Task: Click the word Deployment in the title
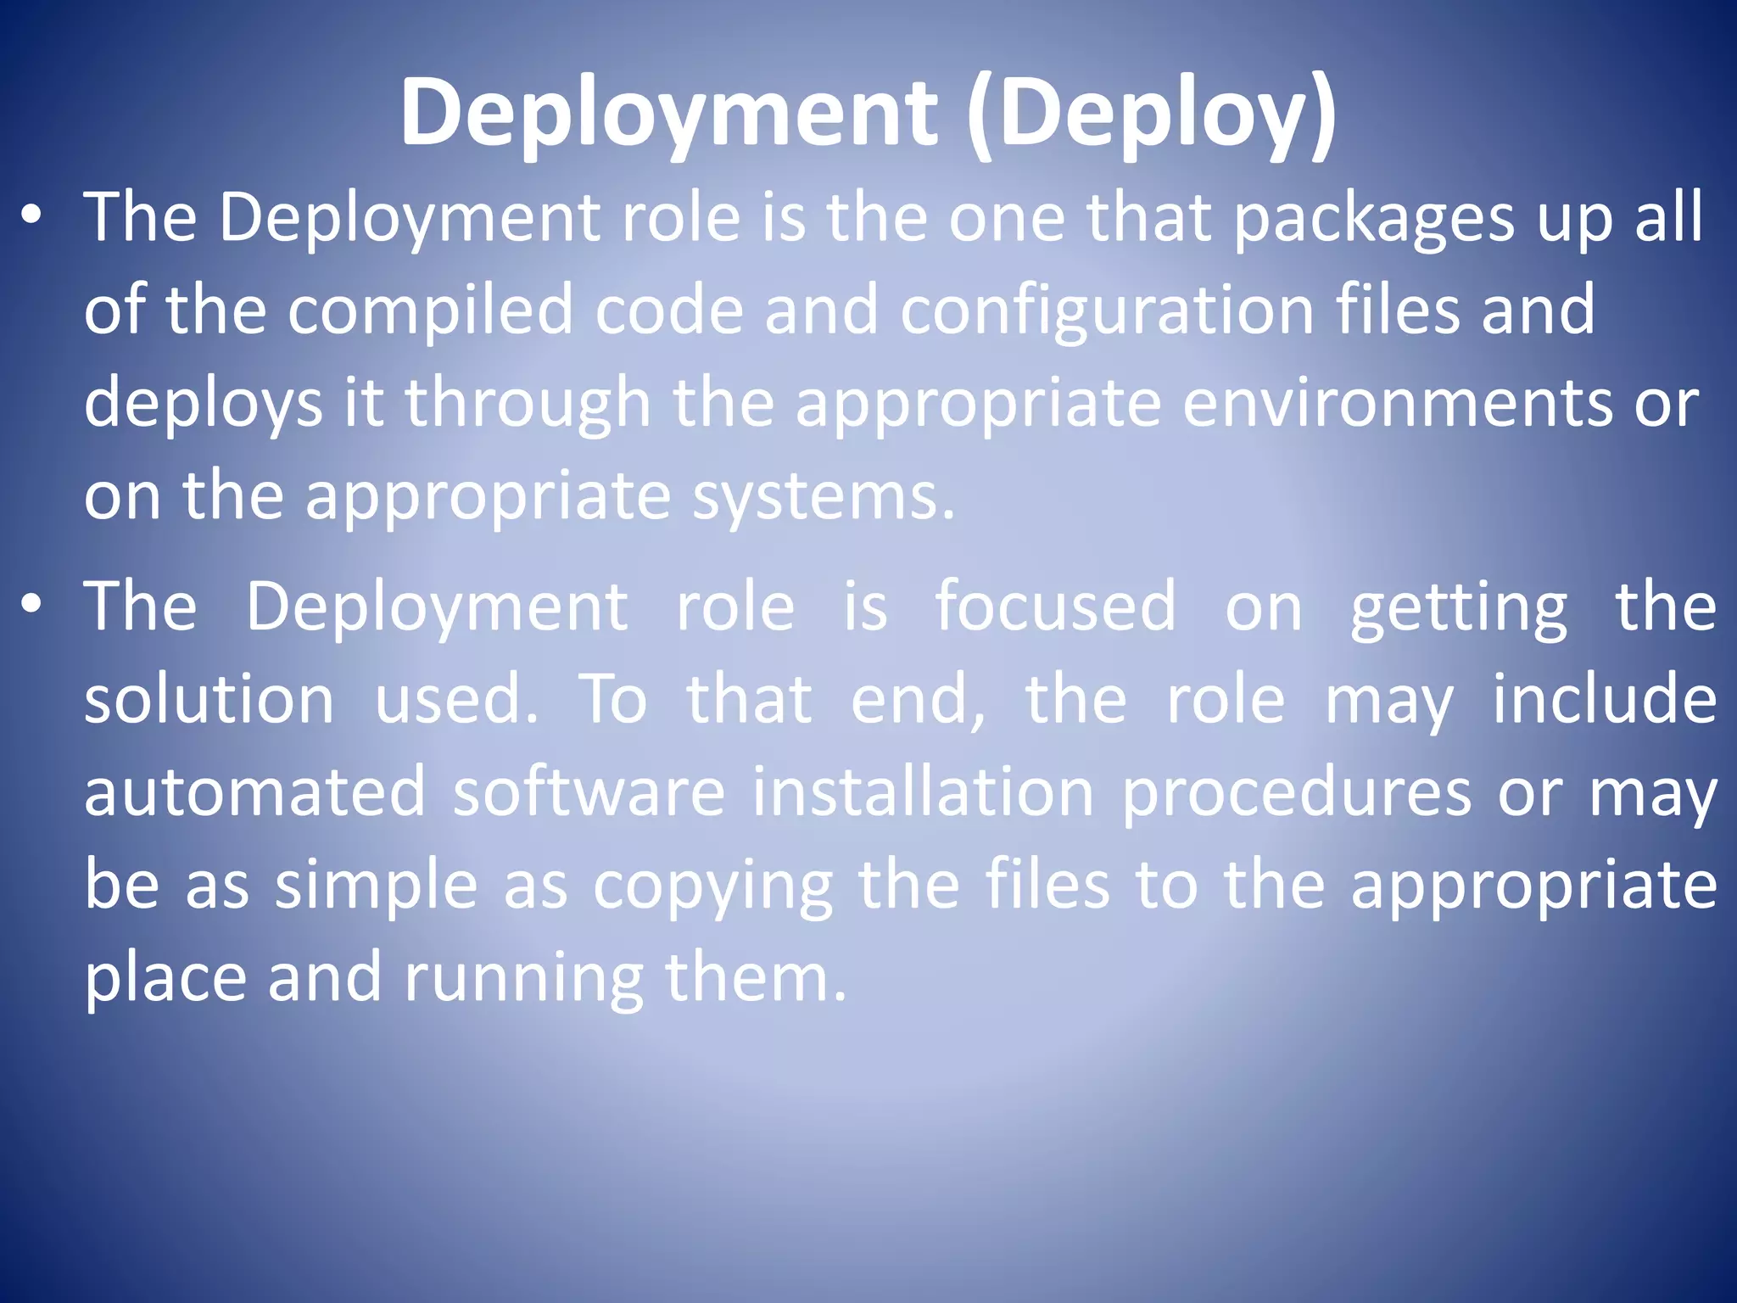click(669, 113)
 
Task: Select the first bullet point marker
click(31, 217)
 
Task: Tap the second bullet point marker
click(31, 605)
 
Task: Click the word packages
click(1373, 219)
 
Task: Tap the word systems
click(823, 497)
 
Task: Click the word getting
click(1459, 607)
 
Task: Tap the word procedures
click(1297, 792)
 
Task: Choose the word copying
click(712, 886)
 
